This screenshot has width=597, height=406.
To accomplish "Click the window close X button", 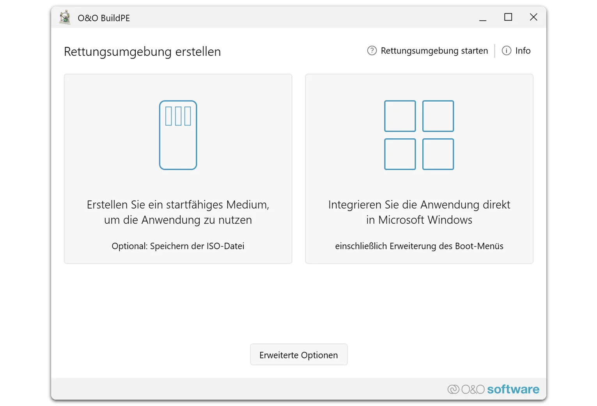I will (533, 17).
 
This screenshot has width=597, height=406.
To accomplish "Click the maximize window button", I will (508, 17).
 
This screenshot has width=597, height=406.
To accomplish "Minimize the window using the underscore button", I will (482, 18).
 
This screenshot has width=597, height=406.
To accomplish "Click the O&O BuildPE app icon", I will (65, 18).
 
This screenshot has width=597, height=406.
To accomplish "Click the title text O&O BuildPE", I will (104, 18).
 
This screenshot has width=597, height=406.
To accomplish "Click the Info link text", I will (523, 51).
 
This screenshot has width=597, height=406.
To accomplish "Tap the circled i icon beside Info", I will (506, 51).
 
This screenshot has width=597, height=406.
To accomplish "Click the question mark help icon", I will (372, 51).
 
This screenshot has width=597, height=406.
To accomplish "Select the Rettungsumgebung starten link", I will (434, 51).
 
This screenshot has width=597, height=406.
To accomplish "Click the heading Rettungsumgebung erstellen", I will (142, 51).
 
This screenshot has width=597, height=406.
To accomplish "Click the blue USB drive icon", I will (178, 135).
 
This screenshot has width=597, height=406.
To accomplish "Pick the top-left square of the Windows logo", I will (400, 116).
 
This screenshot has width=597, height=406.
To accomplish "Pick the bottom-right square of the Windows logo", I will (438, 154).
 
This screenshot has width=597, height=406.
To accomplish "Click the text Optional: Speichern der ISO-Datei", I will (178, 246).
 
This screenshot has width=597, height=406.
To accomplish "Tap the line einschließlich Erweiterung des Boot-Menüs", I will (419, 246).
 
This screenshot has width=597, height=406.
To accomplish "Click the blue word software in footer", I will (513, 389).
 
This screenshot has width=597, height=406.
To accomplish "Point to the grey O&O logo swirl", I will (453, 389).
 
